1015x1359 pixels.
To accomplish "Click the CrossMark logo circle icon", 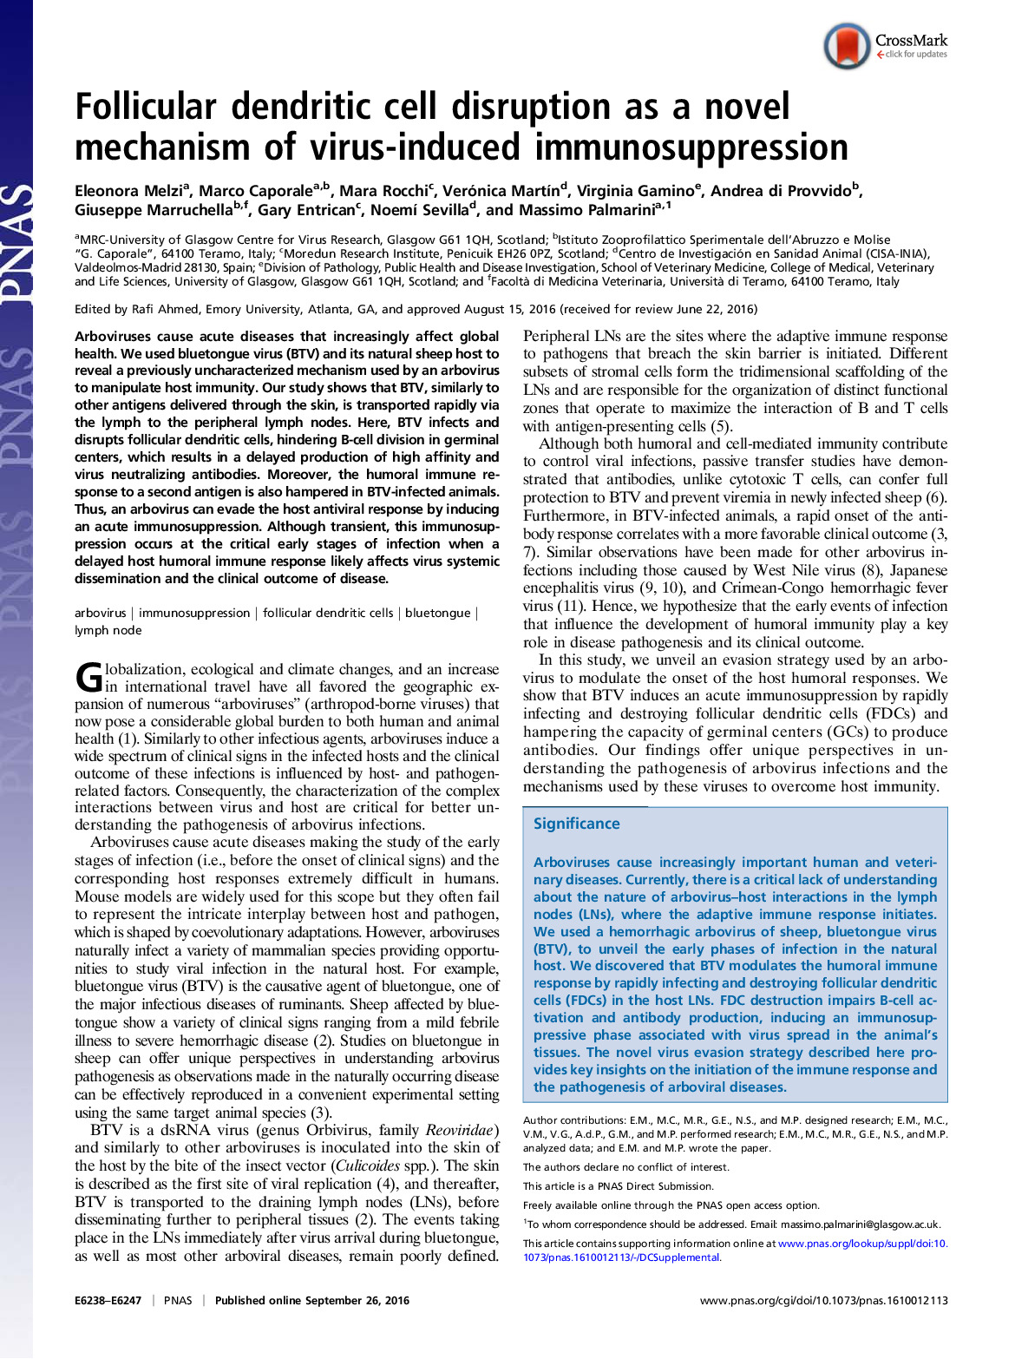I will (847, 46).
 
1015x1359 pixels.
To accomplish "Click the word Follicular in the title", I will (145, 108).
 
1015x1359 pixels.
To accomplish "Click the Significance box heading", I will (576, 824).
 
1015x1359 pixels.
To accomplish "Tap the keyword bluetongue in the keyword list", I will (437, 613).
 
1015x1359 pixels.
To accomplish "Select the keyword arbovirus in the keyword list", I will (100, 613).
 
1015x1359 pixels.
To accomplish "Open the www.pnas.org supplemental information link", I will (862, 1244).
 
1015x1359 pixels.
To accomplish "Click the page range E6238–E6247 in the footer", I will (108, 1300).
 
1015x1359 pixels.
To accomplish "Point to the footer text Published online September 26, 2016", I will (311, 1300).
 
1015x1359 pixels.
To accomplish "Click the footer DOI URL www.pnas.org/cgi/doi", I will (823, 1300).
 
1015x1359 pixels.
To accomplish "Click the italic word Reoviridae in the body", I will (462, 1130).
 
